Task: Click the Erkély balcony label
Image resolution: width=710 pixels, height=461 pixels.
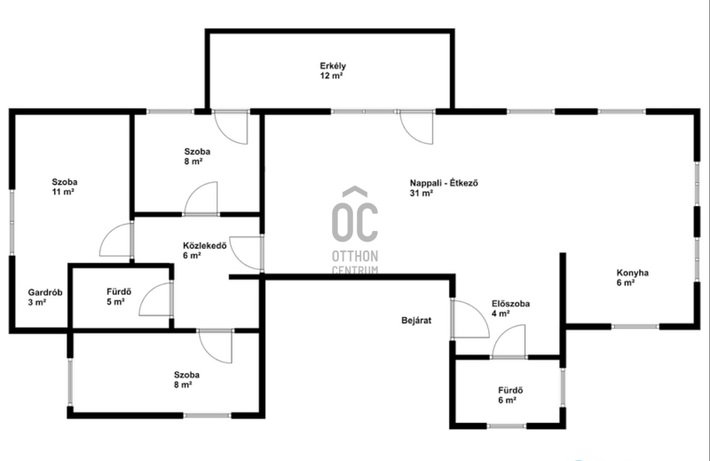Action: coord(333,71)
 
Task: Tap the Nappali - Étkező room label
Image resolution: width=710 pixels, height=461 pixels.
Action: coord(444,188)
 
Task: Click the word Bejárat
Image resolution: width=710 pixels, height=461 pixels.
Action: coord(416,321)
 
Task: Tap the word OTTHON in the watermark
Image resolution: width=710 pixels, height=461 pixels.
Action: coord(355,256)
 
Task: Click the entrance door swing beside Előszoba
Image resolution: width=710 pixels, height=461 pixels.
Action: coord(470,319)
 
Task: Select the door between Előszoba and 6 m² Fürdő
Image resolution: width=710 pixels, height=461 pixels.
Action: coord(509,341)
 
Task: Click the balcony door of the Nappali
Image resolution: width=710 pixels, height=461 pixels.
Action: coord(416,127)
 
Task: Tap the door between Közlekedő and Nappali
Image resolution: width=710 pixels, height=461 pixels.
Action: coord(247,253)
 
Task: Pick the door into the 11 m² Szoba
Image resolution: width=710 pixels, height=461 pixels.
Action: coord(116,239)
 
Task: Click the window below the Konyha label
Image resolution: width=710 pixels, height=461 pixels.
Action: coord(635,326)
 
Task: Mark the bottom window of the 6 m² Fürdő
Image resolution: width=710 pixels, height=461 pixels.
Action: coord(507,426)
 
